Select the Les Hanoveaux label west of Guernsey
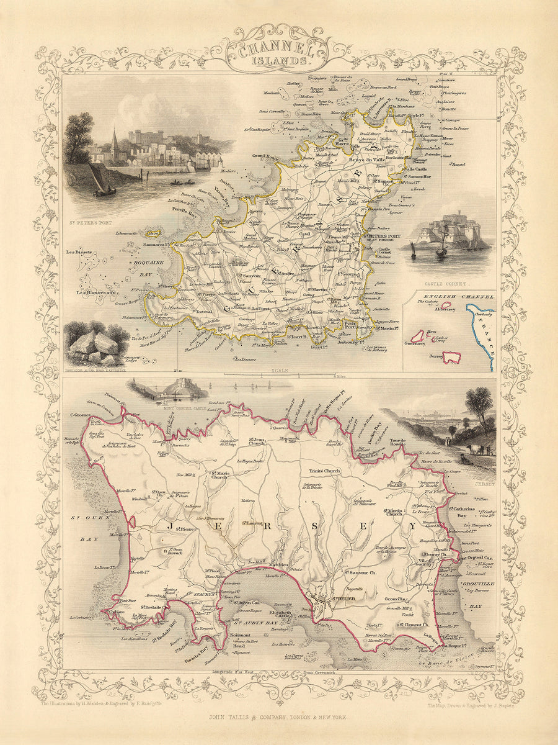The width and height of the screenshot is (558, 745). coord(97,292)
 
